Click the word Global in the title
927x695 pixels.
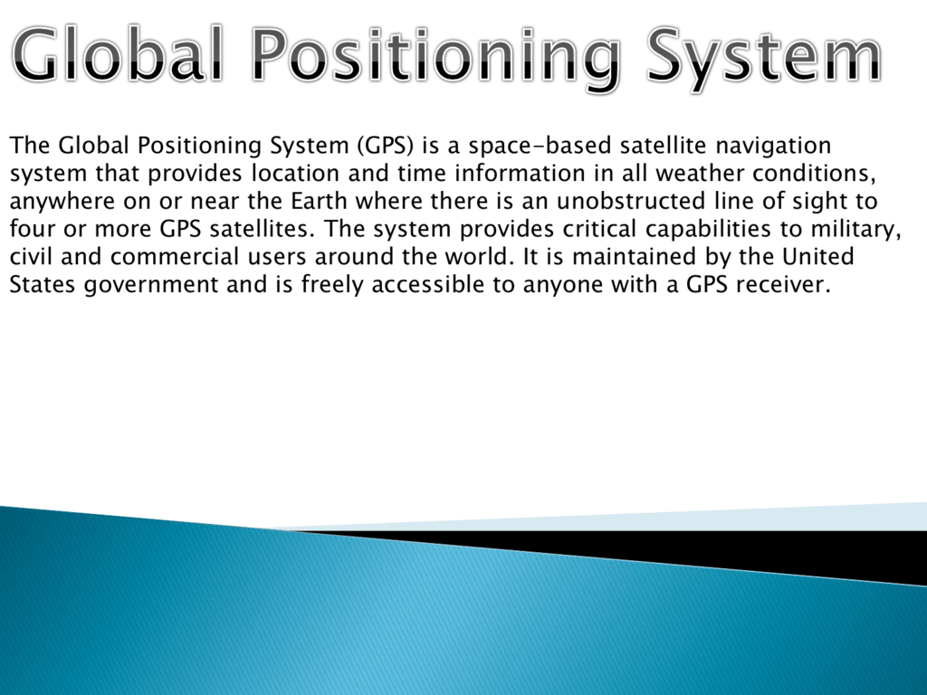119,53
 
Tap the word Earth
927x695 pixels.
318,201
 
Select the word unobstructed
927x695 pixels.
631,201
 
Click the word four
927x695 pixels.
32,229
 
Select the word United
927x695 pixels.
818,256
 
